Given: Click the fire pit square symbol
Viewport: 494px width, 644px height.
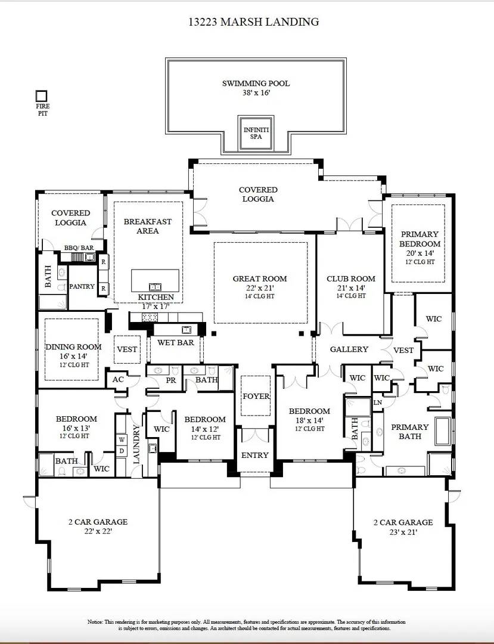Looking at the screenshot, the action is click(x=42, y=96).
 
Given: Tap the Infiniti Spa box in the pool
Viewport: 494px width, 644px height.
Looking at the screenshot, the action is click(x=256, y=133).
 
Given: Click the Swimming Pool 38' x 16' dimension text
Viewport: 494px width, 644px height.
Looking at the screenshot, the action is click(x=256, y=93).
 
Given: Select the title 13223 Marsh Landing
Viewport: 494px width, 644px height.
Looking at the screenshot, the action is click(x=254, y=22).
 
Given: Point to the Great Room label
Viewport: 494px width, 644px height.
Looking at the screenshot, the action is click(x=260, y=278).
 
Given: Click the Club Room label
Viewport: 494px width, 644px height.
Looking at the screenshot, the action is click(x=351, y=278).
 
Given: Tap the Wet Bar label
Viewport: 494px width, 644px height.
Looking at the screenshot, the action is click(x=176, y=342).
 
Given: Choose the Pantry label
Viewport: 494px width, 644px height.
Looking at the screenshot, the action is click(x=82, y=286).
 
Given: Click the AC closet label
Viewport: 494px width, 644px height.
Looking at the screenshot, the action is click(x=118, y=379).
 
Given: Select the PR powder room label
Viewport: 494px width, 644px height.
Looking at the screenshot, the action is click(x=171, y=380).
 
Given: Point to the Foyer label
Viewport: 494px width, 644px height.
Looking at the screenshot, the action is click(x=256, y=397).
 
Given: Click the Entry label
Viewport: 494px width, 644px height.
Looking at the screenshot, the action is click(x=255, y=456).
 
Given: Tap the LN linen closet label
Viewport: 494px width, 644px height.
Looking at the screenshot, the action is click(x=378, y=402).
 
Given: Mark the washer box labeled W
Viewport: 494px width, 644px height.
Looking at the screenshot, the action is click(x=122, y=440).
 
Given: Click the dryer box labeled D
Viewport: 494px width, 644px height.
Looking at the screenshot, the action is click(x=122, y=451).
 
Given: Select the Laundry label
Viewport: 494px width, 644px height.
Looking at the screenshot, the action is click(x=136, y=444).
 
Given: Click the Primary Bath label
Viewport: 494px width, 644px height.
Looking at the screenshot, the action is click(x=410, y=432).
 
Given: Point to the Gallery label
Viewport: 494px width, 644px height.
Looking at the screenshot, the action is click(x=349, y=349).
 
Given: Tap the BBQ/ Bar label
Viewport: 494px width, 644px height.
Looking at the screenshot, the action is click(x=79, y=248).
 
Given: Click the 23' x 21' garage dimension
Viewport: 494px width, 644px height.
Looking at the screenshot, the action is click(x=403, y=532).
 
